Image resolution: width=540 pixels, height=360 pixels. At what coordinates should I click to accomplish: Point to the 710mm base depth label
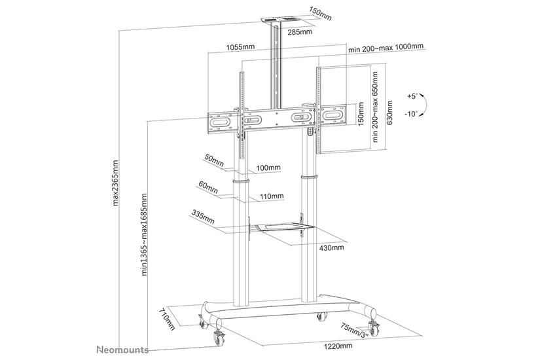[168, 321]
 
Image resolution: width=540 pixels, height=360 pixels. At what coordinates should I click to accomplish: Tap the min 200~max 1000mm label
[386, 48]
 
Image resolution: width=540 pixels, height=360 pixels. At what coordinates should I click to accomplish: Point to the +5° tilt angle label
[411, 96]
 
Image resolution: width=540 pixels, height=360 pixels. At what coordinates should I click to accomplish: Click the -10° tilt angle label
[411, 114]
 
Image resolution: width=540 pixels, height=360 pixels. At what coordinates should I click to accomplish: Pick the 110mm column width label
[272, 196]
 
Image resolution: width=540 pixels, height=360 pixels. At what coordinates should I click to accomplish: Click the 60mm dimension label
[208, 188]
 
